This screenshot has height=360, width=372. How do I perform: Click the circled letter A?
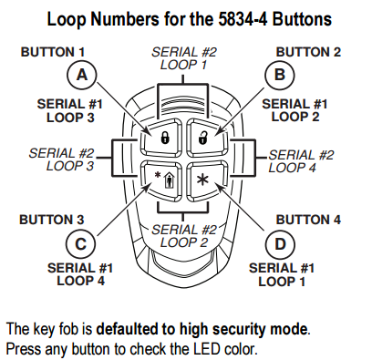click(x=82, y=75)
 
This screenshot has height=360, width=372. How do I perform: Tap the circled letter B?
click(x=280, y=75)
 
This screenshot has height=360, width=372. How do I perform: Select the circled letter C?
click(x=81, y=244)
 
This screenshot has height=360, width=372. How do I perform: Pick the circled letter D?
click(x=280, y=244)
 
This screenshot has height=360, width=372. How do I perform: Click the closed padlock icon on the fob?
click(x=164, y=138)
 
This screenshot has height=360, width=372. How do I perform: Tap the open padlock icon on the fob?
click(x=203, y=138)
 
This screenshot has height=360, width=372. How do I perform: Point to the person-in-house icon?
click(x=169, y=180)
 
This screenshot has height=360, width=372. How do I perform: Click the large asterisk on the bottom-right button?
click(x=201, y=180)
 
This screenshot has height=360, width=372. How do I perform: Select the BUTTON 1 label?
click(x=53, y=52)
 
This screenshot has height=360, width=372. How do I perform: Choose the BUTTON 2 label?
click(x=308, y=52)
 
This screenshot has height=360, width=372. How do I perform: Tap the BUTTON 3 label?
click(x=51, y=220)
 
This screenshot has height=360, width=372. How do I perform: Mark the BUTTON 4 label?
click(x=308, y=220)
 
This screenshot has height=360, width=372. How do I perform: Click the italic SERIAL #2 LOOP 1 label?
click(x=184, y=58)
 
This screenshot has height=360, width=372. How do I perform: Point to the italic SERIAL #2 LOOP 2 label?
click(x=184, y=236)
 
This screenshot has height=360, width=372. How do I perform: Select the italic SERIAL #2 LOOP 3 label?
click(x=61, y=159)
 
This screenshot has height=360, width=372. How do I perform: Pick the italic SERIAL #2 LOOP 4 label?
click(x=301, y=161)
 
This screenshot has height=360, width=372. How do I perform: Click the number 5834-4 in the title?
click(x=243, y=19)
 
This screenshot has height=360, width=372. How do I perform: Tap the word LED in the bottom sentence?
click(x=208, y=349)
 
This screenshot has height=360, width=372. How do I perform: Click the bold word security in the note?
click(x=242, y=330)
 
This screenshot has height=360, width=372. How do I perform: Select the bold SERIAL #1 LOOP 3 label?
click(x=70, y=111)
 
